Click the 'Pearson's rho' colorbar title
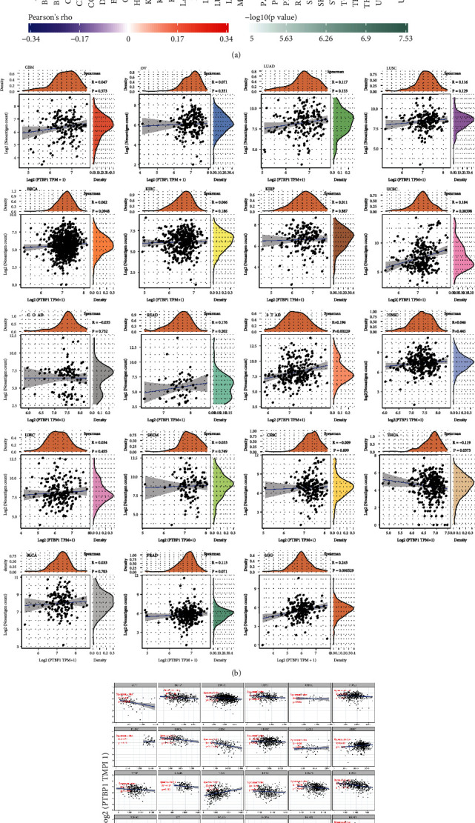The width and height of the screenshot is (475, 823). click(50, 15)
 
